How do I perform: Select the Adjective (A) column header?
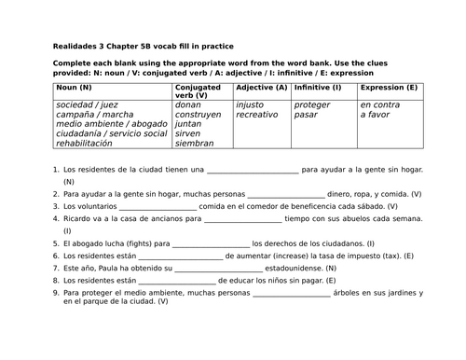pos(261,87)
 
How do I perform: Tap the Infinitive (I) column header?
pos(318,87)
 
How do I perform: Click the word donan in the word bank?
pos(189,104)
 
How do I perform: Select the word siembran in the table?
pos(195,144)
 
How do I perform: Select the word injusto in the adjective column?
pos(251,104)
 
